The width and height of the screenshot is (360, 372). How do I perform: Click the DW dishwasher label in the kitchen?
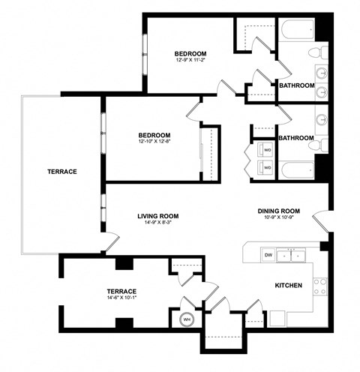[x=268, y=256]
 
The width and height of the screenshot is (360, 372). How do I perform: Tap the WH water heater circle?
[x=187, y=319]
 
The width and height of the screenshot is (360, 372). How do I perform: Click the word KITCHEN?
[x=289, y=285]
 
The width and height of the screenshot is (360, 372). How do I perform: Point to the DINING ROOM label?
[x=279, y=211]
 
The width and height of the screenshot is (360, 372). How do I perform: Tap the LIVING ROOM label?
[x=157, y=217]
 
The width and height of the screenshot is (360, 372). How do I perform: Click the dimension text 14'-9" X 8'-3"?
[x=157, y=223]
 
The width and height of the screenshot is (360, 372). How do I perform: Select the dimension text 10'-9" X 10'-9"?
[x=279, y=218]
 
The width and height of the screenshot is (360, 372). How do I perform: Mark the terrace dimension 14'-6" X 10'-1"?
[x=121, y=298]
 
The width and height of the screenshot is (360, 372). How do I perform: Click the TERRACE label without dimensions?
[x=62, y=172]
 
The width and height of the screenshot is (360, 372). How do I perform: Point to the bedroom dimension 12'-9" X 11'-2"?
[x=190, y=61]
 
